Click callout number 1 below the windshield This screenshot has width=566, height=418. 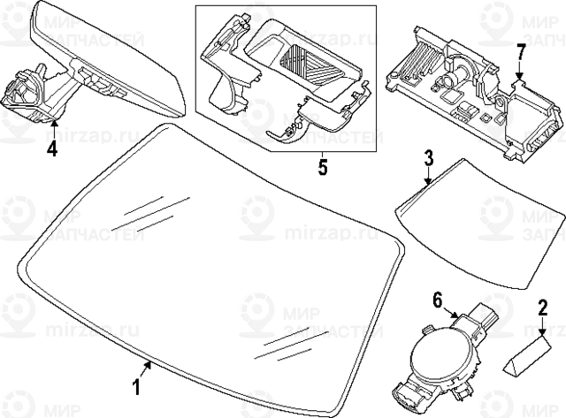pyautogui.click(x=137, y=387)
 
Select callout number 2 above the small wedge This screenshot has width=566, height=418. pyautogui.click(x=543, y=308)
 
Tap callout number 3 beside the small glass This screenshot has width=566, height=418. pyautogui.click(x=428, y=159)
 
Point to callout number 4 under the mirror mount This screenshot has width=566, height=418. pyautogui.click(x=52, y=148)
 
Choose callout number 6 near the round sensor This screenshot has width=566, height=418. pyautogui.click(x=437, y=300)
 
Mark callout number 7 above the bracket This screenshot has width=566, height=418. pyautogui.click(x=521, y=51)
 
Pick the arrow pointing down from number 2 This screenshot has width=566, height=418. pyautogui.click(x=542, y=325)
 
